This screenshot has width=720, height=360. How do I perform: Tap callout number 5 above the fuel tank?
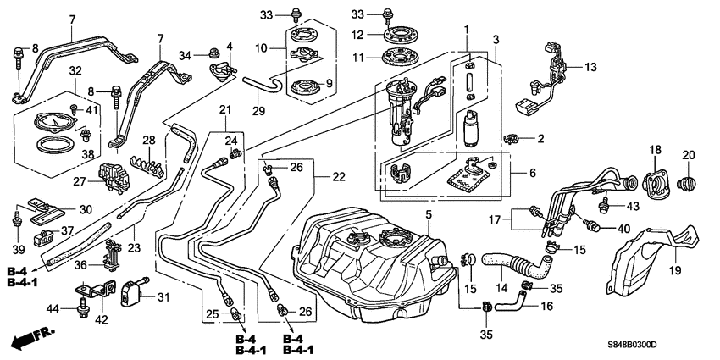point(429,216)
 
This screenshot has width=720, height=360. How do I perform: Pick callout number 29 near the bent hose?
point(258,110)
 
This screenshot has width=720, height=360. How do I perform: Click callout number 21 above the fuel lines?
point(224,110)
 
